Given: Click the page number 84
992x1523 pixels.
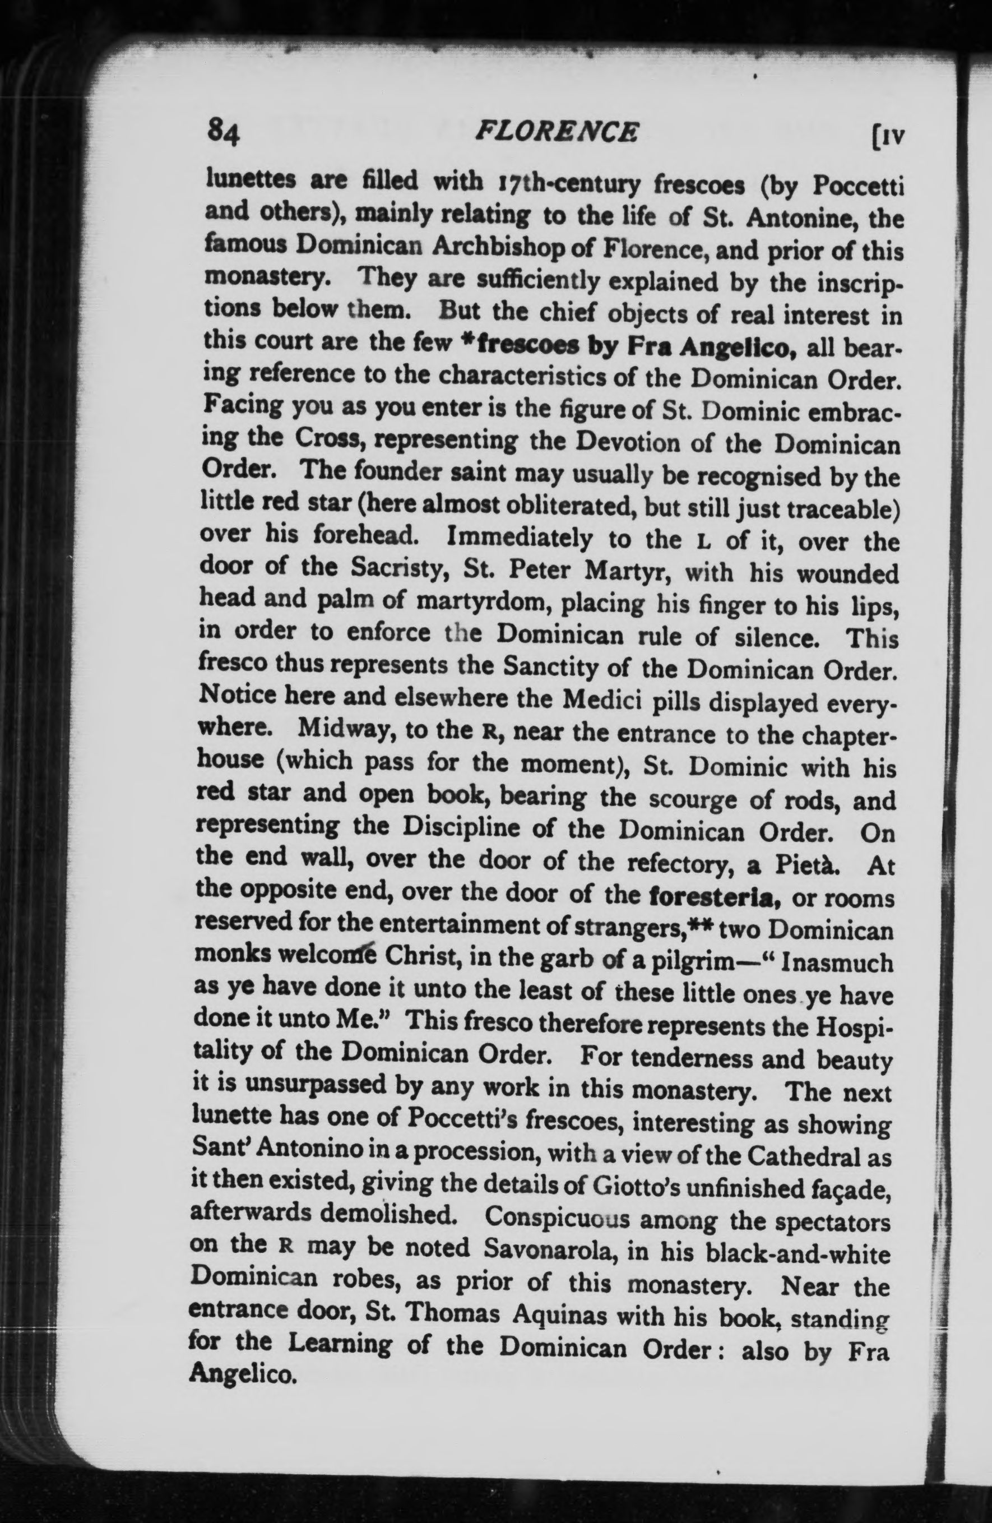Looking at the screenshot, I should tap(222, 132).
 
